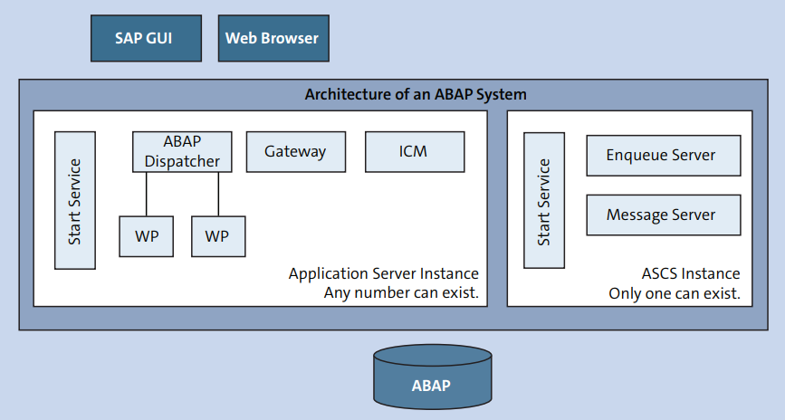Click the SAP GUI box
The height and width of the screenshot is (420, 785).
pyautogui.click(x=146, y=39)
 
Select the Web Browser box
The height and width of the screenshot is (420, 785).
pyautogui.click(x=273, y=39)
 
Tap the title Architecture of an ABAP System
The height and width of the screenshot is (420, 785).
pyautogui.click(x=416, y=94)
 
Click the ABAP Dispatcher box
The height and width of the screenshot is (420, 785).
pyautogui.click(x=182, y=152)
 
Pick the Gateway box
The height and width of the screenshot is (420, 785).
pyautogui.click(x=296, y=152)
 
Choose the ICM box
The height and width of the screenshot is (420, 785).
pyautogui.click(x=415, y=152)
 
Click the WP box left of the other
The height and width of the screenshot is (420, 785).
pyautogui.click(x=146, y=236)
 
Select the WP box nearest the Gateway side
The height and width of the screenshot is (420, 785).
pyautogui.click(x=218, y=236)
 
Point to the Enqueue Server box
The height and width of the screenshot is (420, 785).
pyautogui.click(x=664, y=155)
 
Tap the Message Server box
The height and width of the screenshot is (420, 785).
pyautogui.click(x=664, y=215)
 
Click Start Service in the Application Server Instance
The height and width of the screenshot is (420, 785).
pyautogui.click(x=75, y=200)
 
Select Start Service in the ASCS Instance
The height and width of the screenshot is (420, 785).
pyautogui.click(x=544, y=200)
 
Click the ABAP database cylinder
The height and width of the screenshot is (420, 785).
pyautogui.click(x=433, y=377)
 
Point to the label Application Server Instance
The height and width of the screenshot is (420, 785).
pyautogui.click(x=384, y=274)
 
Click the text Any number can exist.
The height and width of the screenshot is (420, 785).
pyautogui.click(x=401, y=292)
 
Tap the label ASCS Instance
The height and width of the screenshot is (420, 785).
pyautogui.click(x=691, y=274)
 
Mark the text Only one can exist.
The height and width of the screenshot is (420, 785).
pyautogui.click(x=675, y=293)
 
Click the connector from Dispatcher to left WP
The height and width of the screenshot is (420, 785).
pyautogui.click(x=146, y=195)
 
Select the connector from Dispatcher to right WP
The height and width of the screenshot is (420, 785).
pyautogui.click(x=218, y=195)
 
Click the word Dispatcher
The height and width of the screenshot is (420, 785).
pyautogui.click(x=182, y=161)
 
